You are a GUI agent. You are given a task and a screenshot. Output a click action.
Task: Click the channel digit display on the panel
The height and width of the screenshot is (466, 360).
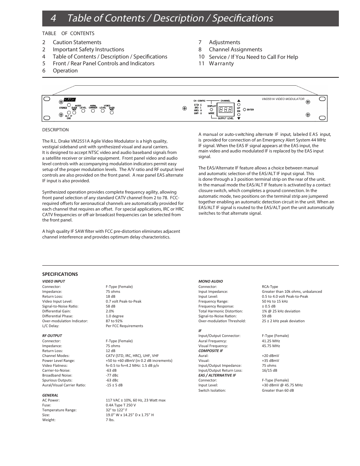point(225,109)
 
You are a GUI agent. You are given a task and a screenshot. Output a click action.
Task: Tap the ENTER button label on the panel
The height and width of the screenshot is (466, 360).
point(250,110)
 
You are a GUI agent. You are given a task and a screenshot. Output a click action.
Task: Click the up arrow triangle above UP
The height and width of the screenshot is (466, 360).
point(238,101)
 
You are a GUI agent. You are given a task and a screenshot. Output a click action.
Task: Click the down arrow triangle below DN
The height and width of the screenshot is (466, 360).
point(238,118)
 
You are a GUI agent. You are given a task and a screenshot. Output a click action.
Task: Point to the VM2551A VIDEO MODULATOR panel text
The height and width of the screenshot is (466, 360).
point(283,99)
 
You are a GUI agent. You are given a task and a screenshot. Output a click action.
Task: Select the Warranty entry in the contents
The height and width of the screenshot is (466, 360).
point(221,63)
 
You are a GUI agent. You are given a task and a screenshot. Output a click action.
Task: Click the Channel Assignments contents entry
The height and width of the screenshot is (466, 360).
point(235,49)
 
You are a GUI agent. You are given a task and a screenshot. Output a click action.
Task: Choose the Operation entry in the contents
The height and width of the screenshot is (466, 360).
point(65,71)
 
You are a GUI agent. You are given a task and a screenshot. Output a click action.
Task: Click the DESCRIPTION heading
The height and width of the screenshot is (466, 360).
point(55,130)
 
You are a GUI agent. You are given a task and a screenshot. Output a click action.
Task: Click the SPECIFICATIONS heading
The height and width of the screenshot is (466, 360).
point(60,274)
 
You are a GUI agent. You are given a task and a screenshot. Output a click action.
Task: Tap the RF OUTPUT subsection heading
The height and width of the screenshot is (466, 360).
point(52,335)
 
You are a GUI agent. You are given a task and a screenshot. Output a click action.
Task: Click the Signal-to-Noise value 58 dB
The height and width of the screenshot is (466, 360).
point(111,306)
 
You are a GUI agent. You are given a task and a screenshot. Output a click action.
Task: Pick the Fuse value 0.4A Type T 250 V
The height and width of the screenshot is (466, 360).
point(121,405)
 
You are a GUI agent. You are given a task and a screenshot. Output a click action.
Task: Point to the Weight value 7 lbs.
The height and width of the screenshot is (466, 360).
point(110,420)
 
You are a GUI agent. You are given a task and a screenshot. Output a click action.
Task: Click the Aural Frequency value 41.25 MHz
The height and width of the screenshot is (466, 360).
point(271,341)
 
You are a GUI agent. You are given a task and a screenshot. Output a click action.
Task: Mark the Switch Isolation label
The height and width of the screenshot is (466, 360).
point(212,391)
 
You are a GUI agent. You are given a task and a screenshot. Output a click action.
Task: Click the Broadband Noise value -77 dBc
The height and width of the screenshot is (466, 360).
point(112,375)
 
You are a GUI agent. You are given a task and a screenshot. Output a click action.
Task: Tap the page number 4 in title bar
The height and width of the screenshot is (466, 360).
point(53,18)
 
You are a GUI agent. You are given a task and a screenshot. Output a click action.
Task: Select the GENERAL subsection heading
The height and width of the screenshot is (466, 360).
point(50,395)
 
